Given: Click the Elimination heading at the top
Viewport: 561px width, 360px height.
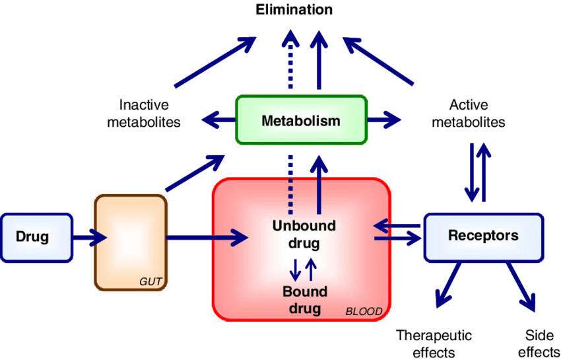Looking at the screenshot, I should pyautogui.click(x=295, y=10).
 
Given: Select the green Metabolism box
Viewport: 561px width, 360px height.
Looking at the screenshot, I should pyautogui.click(x=301, y=121).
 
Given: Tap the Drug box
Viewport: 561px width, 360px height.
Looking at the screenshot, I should pyautogui.click(x=33, y=236).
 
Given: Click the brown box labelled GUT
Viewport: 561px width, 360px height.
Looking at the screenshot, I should pyautogui.click(x=131, y=241).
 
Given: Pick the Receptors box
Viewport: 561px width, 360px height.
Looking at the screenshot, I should pyautogui.click(x=483, y=236).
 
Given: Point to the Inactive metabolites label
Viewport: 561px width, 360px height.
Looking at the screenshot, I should pyautogui.click(x=144, y=113).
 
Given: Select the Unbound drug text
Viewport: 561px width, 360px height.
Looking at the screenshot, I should pyautogui.click(x=304, y=234).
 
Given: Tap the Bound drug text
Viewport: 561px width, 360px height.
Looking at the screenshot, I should pyautogui.click(x=302, y=299).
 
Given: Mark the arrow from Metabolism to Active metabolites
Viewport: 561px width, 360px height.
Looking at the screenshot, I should pyautogui.click(x=384, y=121).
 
